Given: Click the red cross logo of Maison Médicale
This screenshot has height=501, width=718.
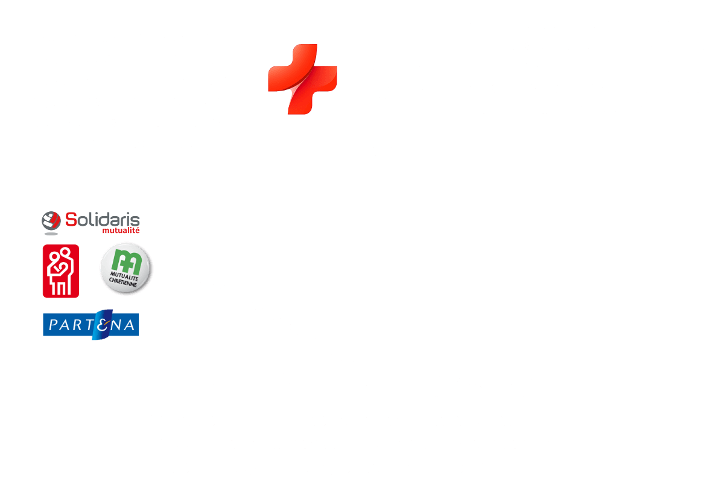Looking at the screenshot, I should point(302,79).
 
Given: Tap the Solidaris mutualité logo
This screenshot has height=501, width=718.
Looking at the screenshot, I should point(91,222).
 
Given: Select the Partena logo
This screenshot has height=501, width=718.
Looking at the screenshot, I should point(91,325).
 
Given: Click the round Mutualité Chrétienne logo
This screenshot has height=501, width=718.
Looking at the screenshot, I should point(126,270).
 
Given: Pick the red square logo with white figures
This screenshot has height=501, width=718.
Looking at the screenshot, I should point(61,270).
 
